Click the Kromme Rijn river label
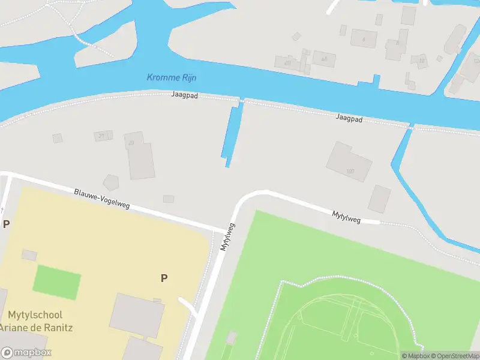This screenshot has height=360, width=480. click(172, 77)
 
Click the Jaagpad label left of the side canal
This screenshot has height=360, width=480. click(184, 95)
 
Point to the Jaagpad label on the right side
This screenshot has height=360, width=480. click(349, 119)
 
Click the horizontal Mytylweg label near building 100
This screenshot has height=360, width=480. click(347, 216)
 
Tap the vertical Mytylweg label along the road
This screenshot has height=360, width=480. click(227, 237)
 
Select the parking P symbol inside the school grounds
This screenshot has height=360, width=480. click(163, 278)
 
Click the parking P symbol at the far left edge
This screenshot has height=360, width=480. click(7, 224)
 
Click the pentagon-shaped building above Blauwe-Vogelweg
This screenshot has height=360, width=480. click(112, 182)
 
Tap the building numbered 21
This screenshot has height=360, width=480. click(103, 136)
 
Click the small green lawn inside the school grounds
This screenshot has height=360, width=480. click(56, 282)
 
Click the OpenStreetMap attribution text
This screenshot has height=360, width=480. click(454, 356)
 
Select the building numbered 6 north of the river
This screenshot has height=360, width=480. click(362, 38)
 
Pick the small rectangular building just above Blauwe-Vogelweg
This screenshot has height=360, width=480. click(168, 199)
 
